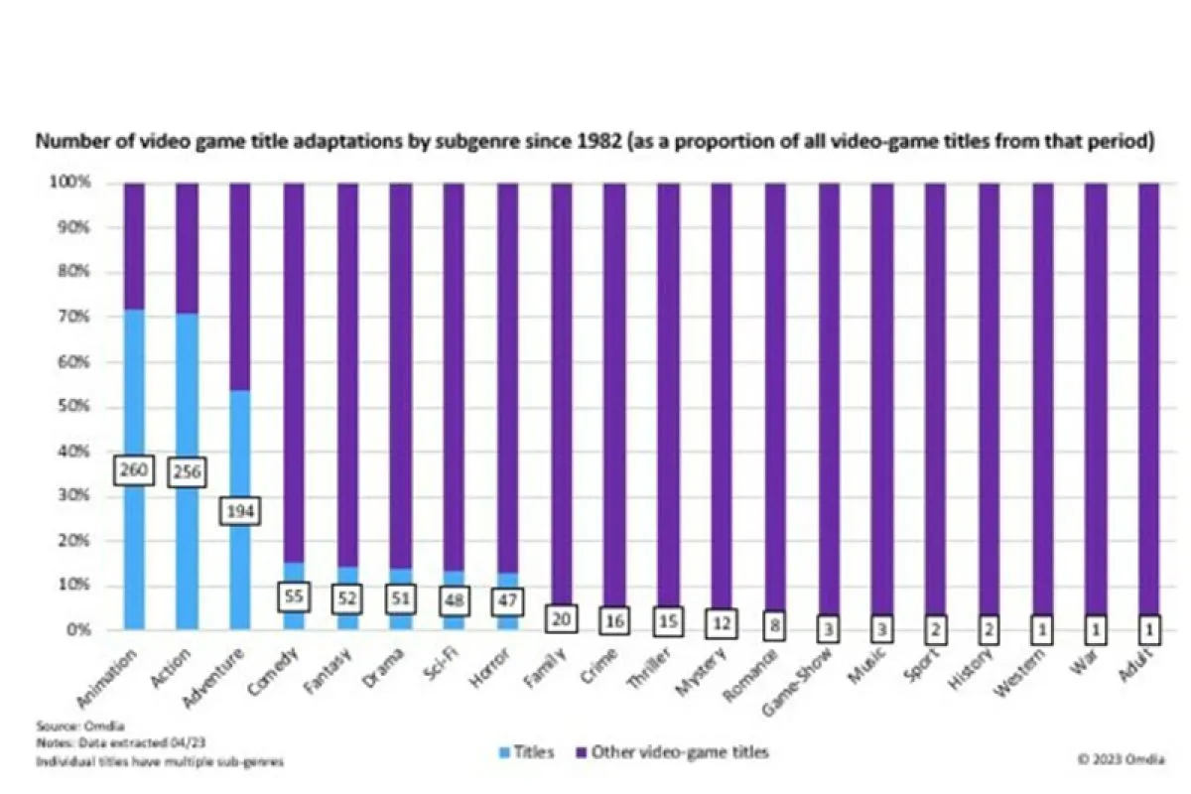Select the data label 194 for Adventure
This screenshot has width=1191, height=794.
239,512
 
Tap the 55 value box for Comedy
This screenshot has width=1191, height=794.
294,597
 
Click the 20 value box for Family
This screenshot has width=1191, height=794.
561,617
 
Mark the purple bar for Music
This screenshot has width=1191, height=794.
881,397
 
